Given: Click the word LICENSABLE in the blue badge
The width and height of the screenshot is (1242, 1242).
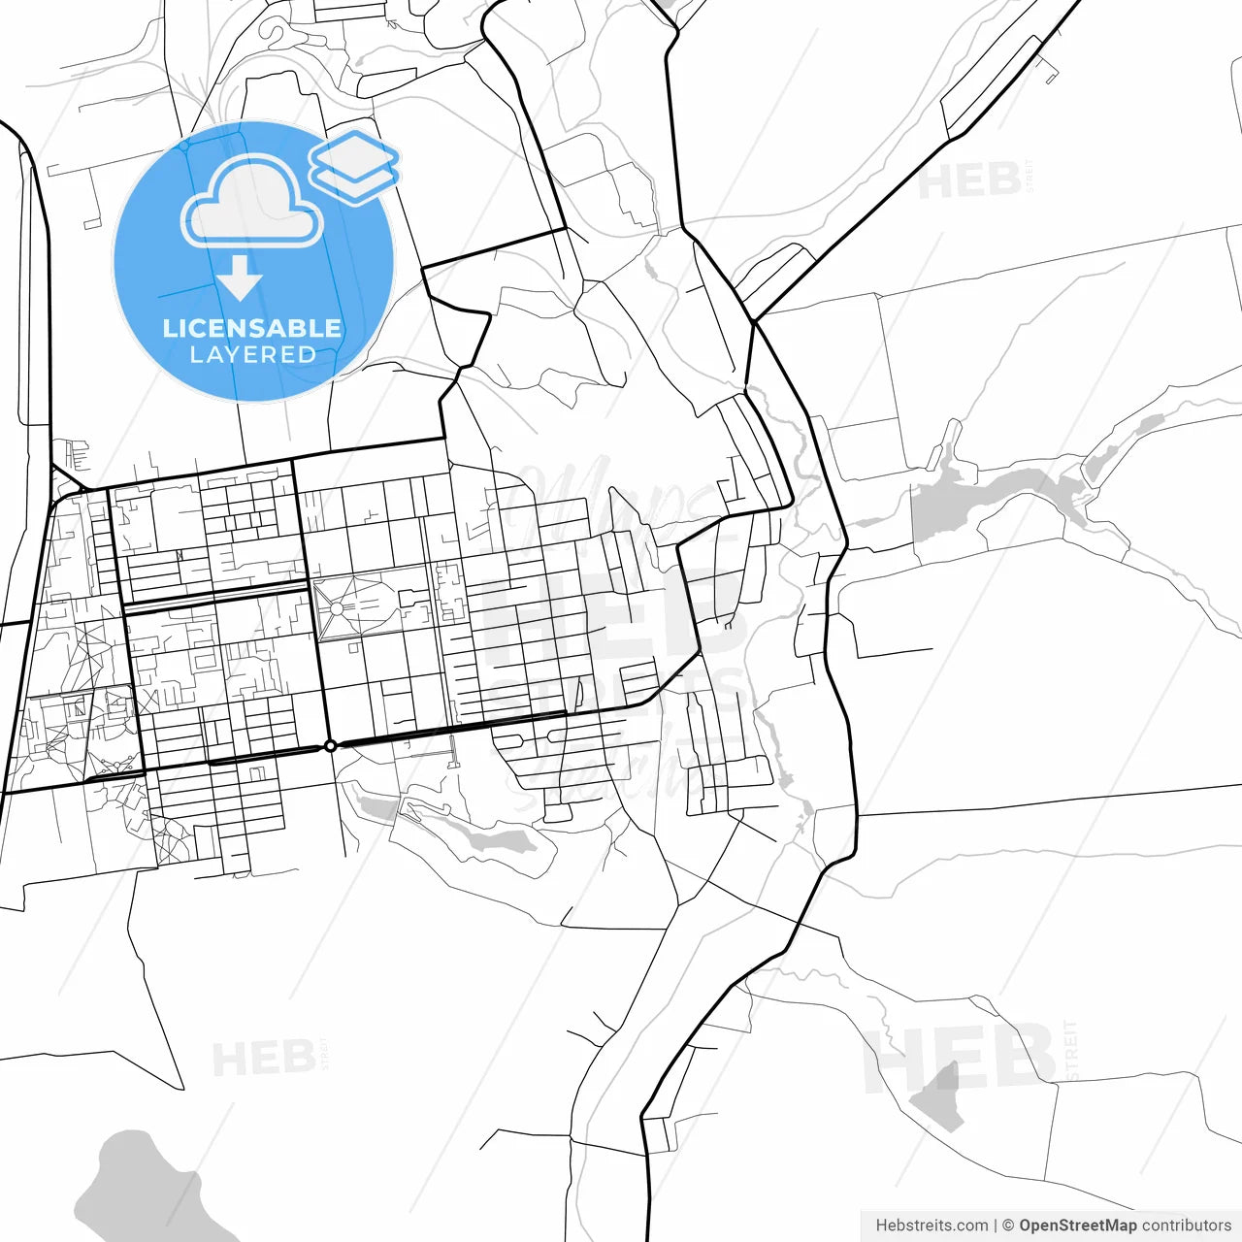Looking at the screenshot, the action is (252, 328).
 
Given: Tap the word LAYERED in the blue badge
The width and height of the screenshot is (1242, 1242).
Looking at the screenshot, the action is (252, 355).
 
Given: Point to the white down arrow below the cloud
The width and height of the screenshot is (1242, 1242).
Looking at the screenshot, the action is (240, 278).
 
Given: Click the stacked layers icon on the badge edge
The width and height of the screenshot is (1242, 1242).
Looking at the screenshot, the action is (355, 165).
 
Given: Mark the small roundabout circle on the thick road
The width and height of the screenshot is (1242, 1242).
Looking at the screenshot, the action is (330, 745).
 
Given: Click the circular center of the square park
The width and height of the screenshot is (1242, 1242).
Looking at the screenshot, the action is (337, 608).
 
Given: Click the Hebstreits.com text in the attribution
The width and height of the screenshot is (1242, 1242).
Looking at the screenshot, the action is (931, 1226).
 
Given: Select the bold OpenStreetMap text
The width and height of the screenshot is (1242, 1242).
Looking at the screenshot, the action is (1078, 1226).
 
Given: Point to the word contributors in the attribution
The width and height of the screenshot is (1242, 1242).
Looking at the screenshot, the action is (1187, 1226).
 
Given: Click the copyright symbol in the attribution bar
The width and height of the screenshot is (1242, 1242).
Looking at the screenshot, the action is (1008, 1226).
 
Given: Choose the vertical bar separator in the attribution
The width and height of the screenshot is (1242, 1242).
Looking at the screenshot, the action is (996, 1226).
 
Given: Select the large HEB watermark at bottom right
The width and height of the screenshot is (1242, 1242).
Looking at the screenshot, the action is (961, 1058).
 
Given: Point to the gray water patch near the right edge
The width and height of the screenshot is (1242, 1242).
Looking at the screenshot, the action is (1126, 437).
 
